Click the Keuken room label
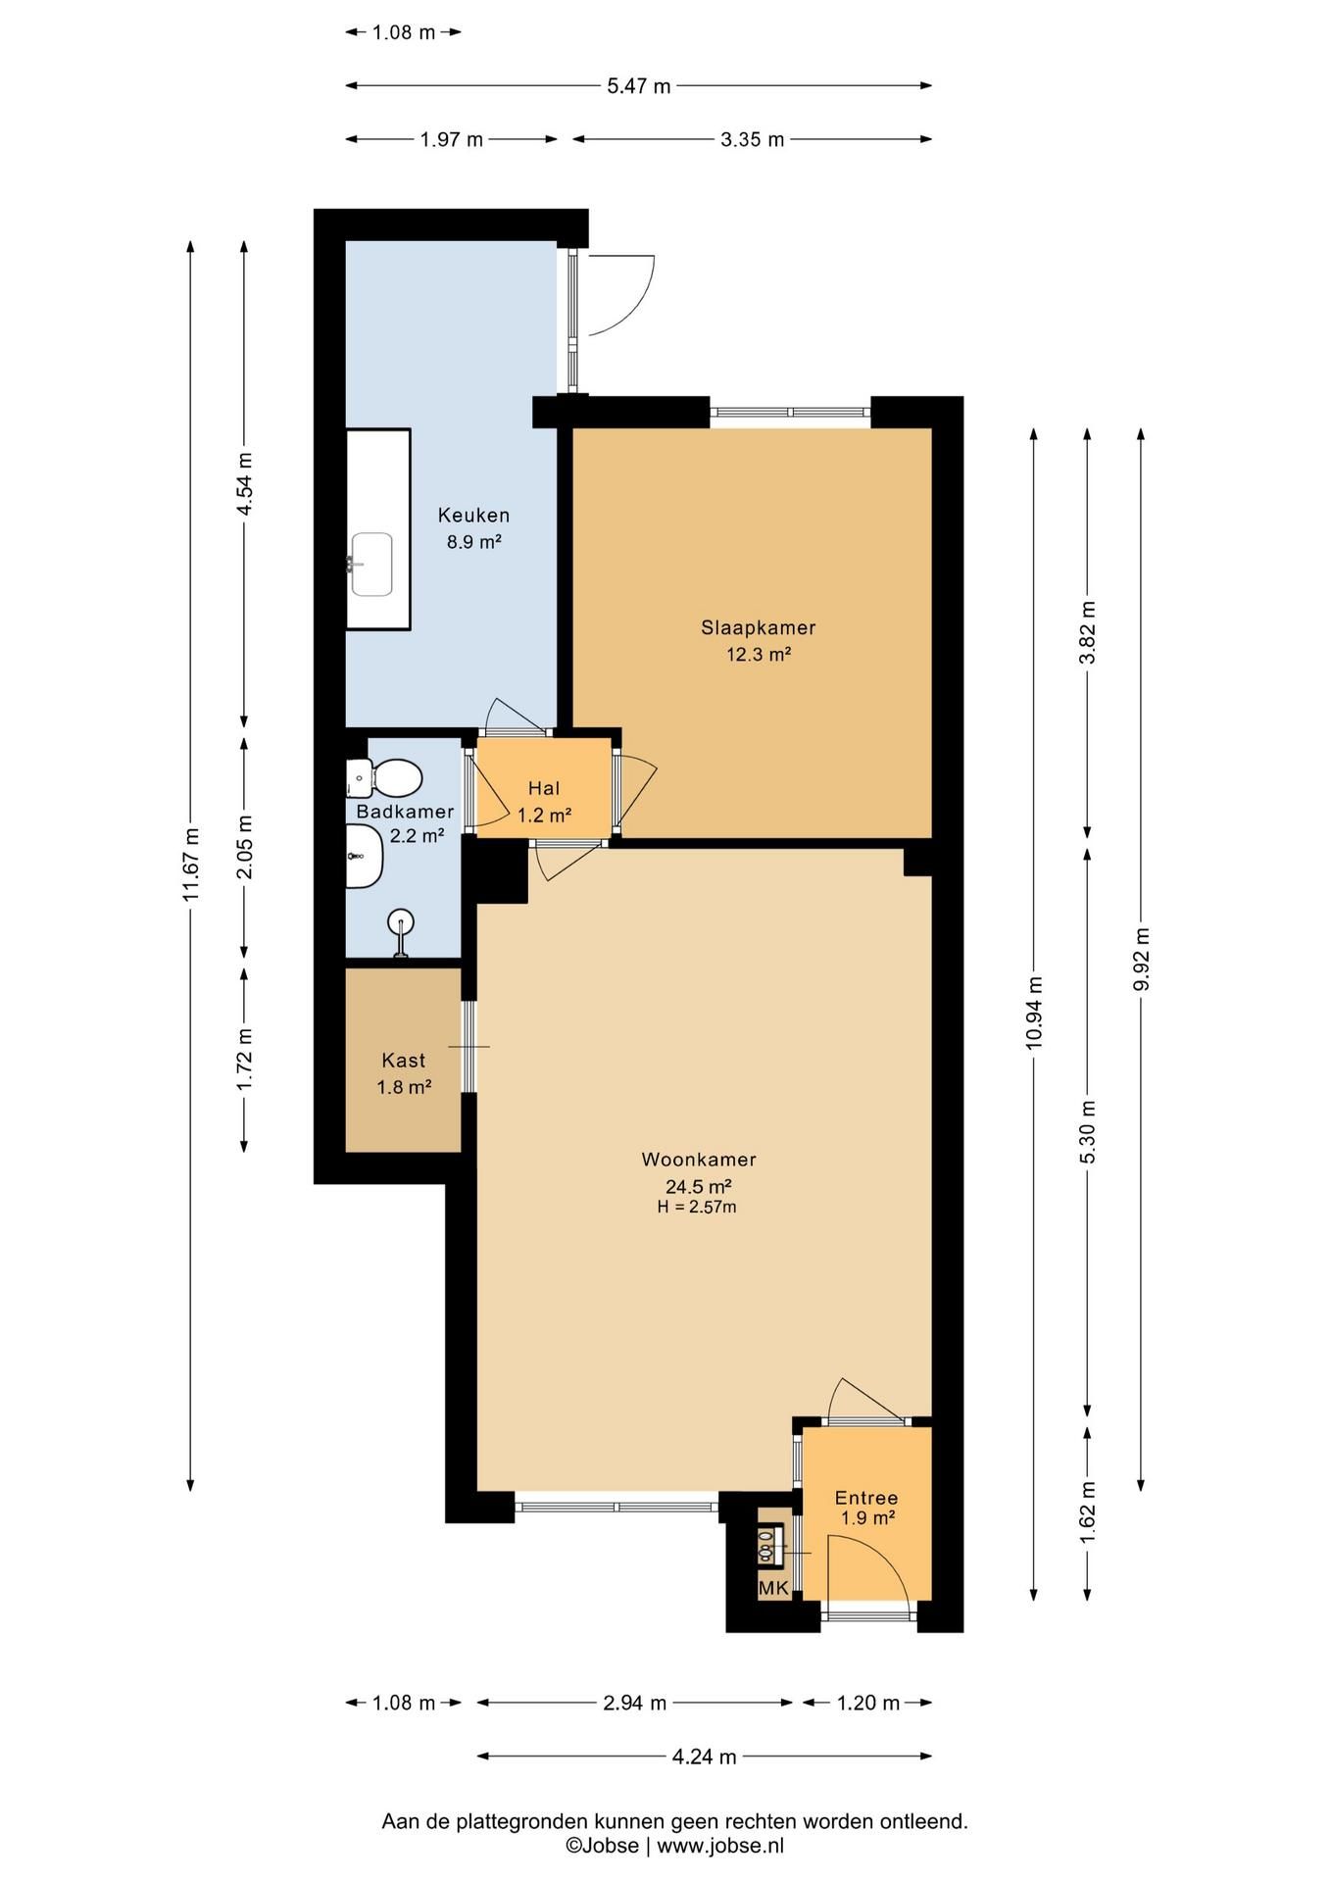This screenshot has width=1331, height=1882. pos(473,515)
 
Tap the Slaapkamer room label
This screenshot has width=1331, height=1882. pos(758,628)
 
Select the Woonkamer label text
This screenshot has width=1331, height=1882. pos(699,1160)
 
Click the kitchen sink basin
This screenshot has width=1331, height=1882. pos(371,565)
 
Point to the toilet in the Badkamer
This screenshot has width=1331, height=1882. pos(384,778)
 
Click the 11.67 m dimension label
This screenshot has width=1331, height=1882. pos(192,865)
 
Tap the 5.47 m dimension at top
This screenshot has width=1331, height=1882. pos(638,85)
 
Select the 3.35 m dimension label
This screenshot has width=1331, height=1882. pos(753,139)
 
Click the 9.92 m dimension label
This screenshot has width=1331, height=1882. pos(1141,960)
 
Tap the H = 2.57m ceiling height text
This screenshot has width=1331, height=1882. pos(697,1208)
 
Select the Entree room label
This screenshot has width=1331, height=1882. pos(866,1498)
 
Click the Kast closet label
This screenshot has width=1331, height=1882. pos(404,1061)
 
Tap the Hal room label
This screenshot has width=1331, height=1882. pos(544,788)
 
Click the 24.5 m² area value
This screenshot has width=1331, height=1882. pos(699,1186)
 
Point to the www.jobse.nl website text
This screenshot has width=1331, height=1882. pos(720,1847)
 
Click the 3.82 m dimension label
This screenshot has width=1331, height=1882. pos(1087,632)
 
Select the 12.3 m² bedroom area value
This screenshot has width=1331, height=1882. pos(758,655)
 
